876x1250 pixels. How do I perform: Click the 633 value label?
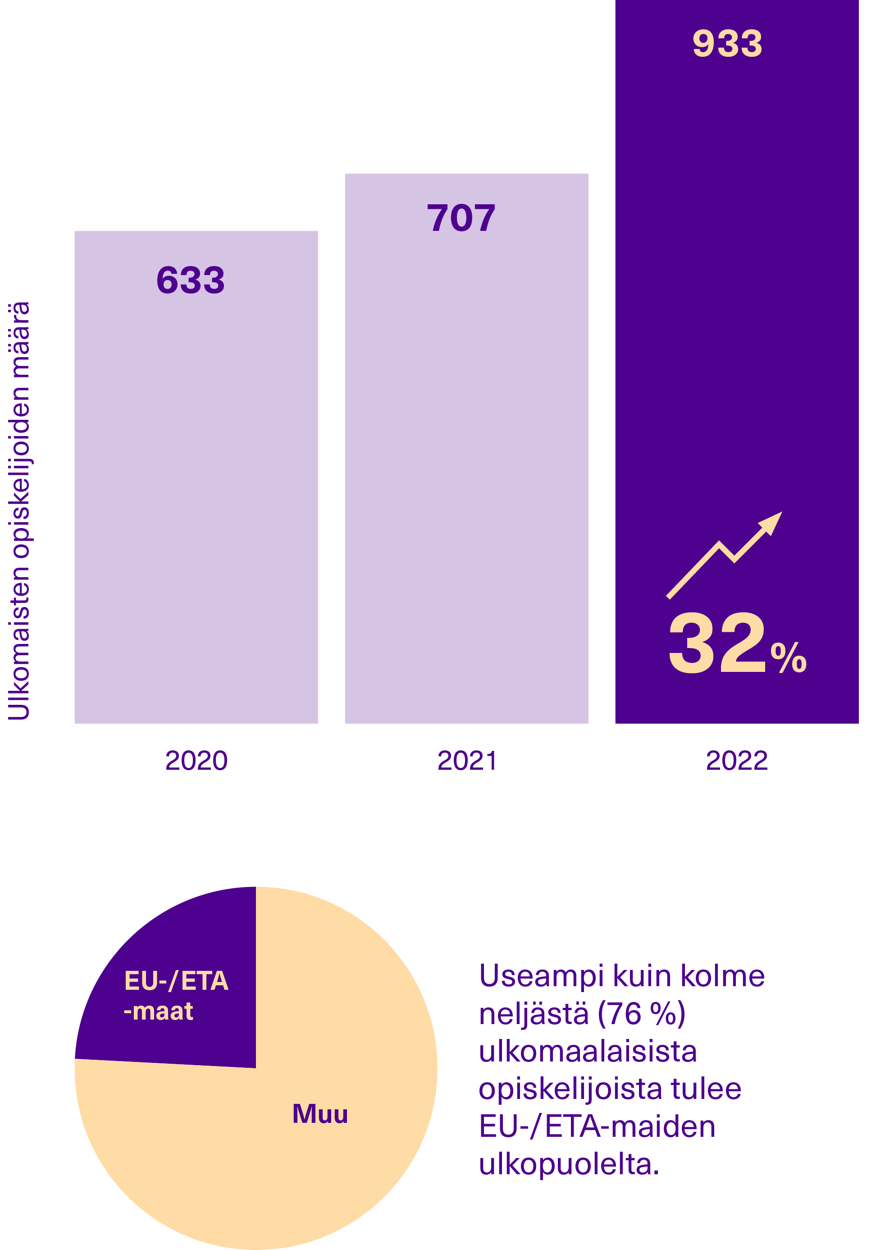pyautogui.click(x=191, y=281)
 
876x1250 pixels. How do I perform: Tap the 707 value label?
pyautogui.click(x=461, y=218)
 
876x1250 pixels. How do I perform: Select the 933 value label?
pyautogui.click(x=727, y=44)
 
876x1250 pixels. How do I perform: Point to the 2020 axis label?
pyautogui.click(x=196, y=761)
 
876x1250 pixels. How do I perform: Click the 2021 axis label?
pyautogui.click(x=467, y=761)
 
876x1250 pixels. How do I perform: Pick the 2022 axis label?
pyautogui.click(x=736, y=761)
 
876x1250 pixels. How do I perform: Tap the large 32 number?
pyautogui.click(x=716, y=643)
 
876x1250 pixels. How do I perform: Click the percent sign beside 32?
pyautogui.click(x=788, y=657)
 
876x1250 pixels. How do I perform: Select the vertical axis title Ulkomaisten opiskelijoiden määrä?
pyautogui.click(x=19, y=510)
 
